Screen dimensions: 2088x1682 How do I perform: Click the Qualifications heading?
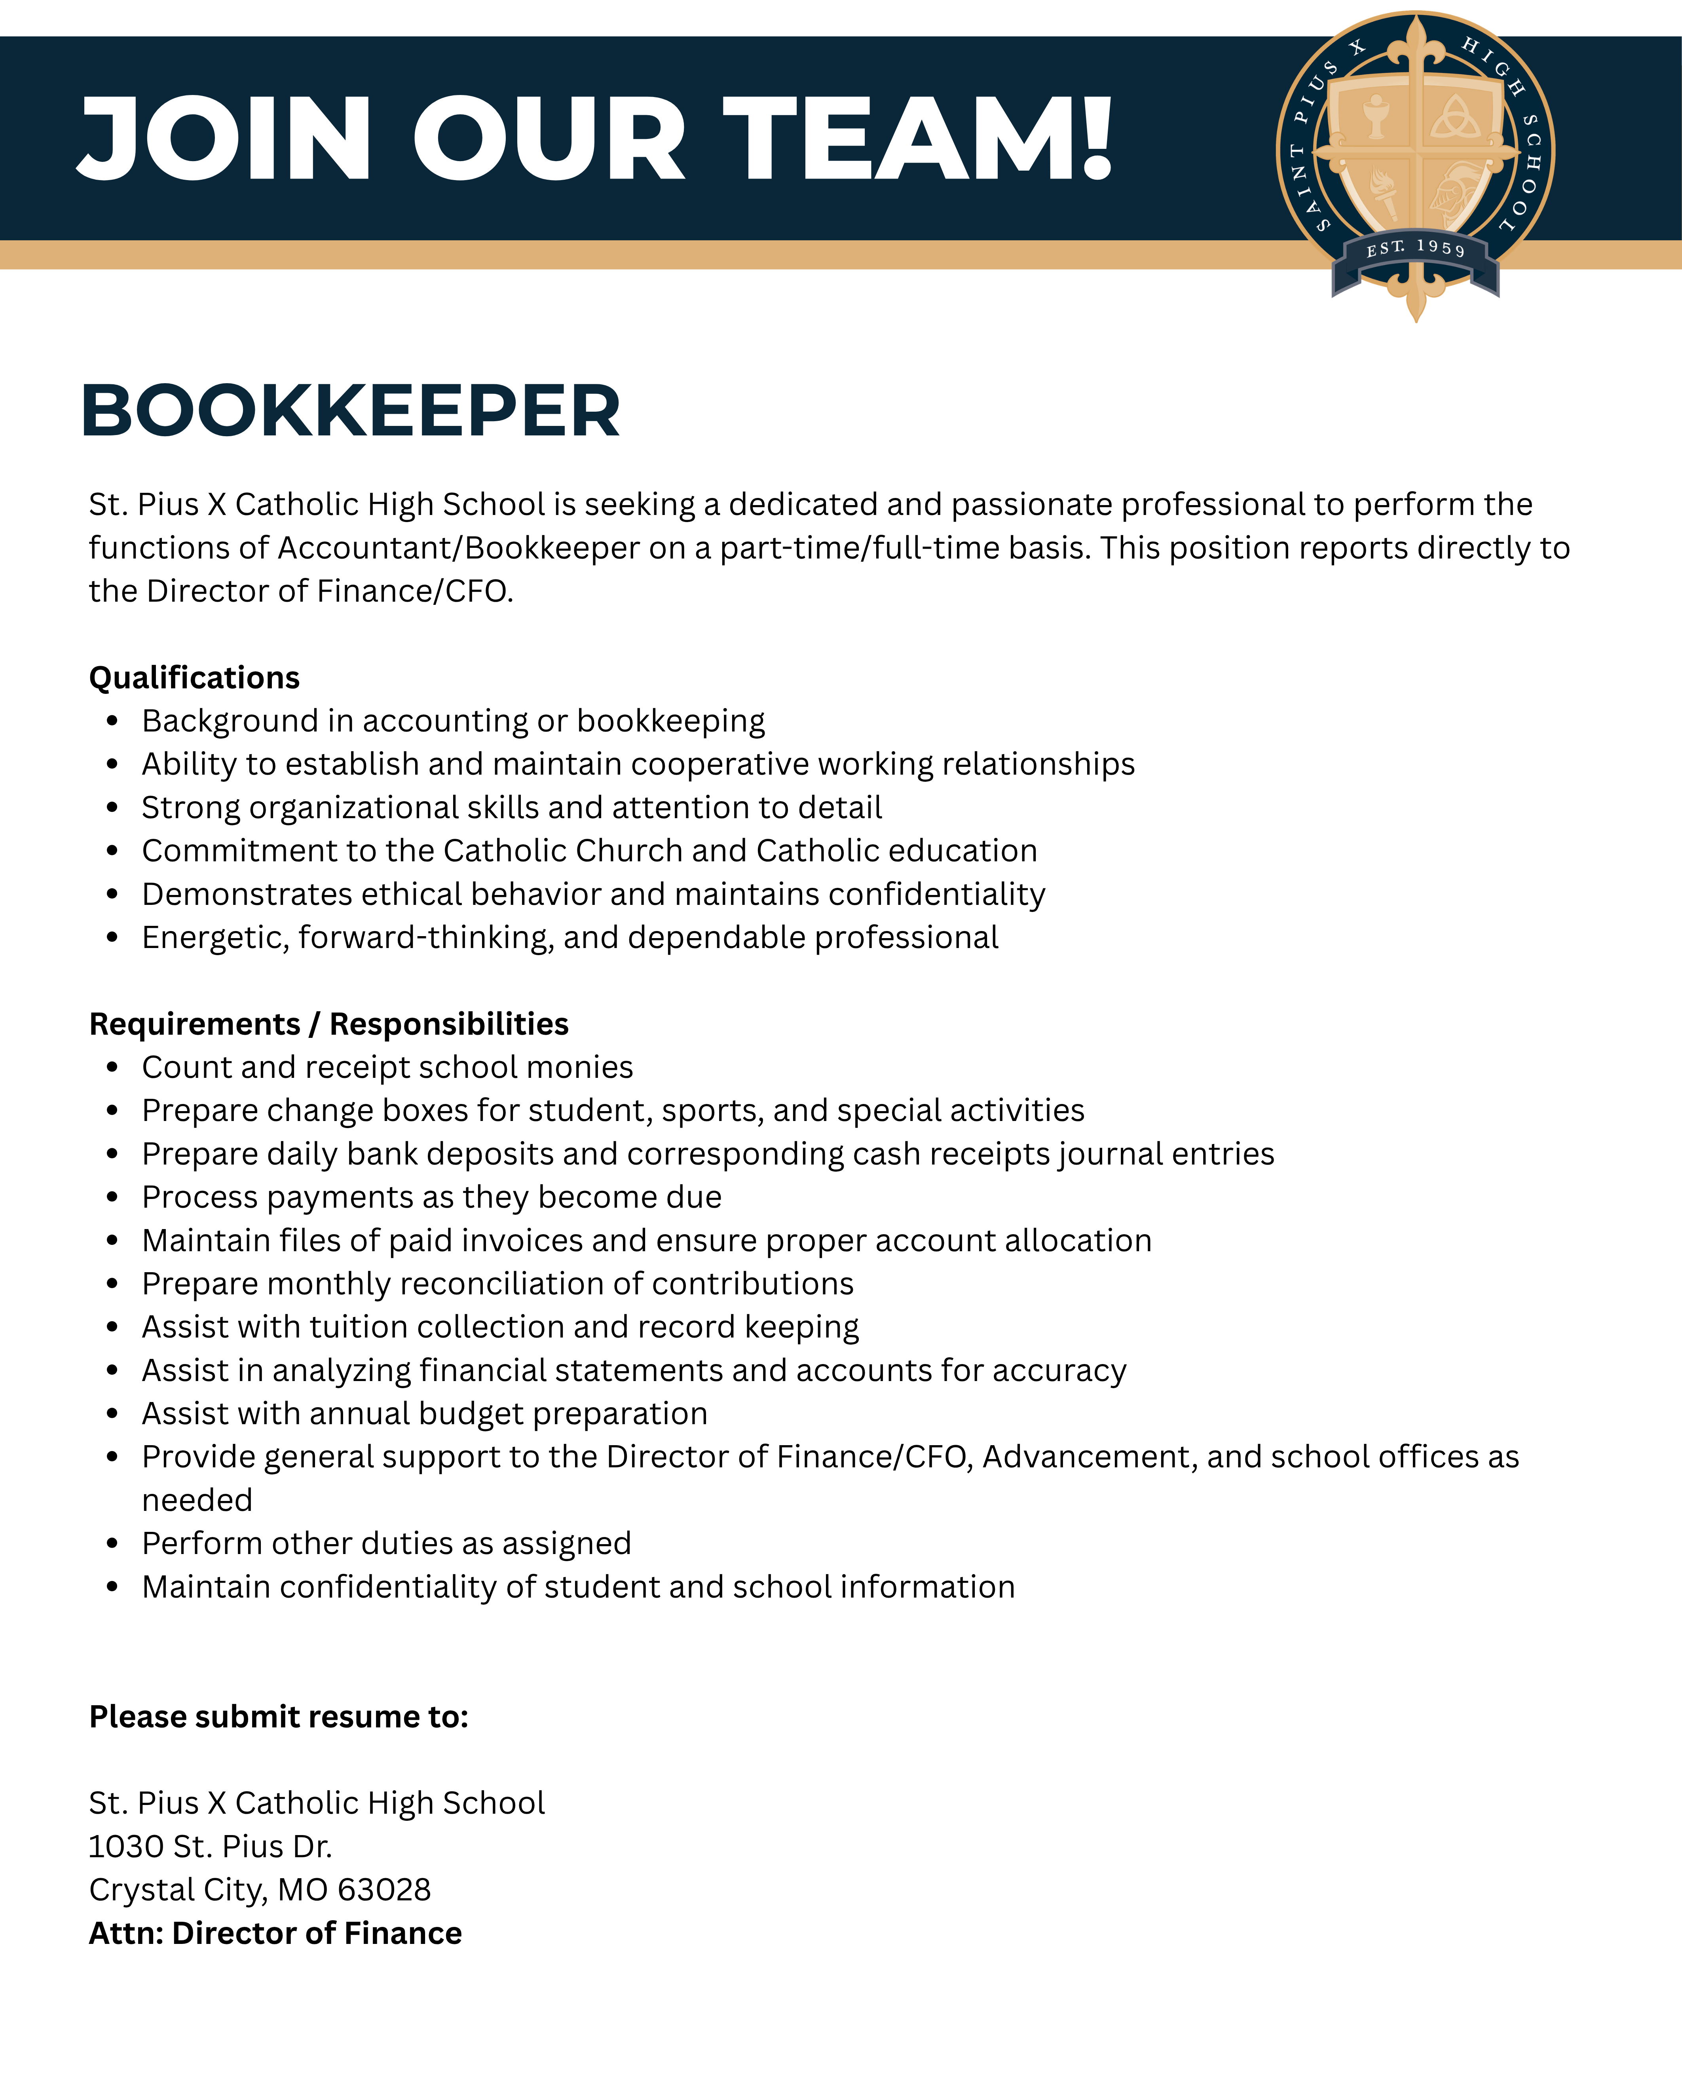194,677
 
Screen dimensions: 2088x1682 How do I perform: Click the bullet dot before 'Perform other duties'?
113,1543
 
